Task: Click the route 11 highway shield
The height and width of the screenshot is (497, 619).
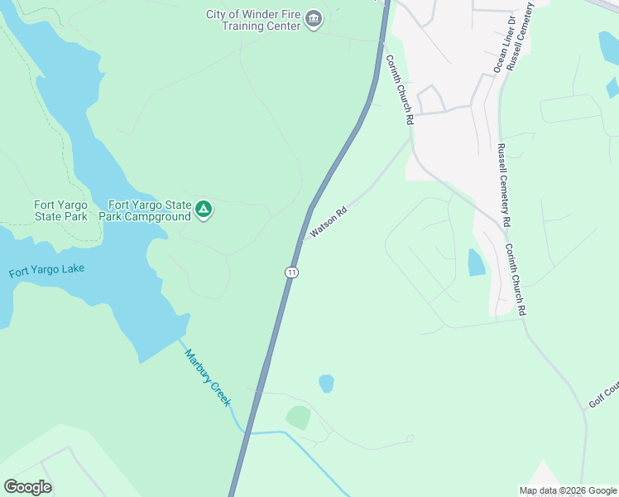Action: pos(290,272)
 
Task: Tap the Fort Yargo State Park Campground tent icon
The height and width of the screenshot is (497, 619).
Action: pos(204,210)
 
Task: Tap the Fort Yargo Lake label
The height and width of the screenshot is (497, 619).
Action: pos(46,270)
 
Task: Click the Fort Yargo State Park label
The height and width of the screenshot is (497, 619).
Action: pos(60,210)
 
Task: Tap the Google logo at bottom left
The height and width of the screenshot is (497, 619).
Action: pos(27,487)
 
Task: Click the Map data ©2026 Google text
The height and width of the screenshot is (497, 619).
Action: pos(568,490)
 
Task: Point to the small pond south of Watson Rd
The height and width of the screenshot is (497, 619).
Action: pos(326,384)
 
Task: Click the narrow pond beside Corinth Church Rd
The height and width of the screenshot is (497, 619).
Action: pos(477,263)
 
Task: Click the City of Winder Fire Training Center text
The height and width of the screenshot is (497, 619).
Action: pos(252,18)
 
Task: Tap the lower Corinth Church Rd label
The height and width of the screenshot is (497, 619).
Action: pos(516,279)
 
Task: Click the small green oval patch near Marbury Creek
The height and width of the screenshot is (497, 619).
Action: pos(299,417)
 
